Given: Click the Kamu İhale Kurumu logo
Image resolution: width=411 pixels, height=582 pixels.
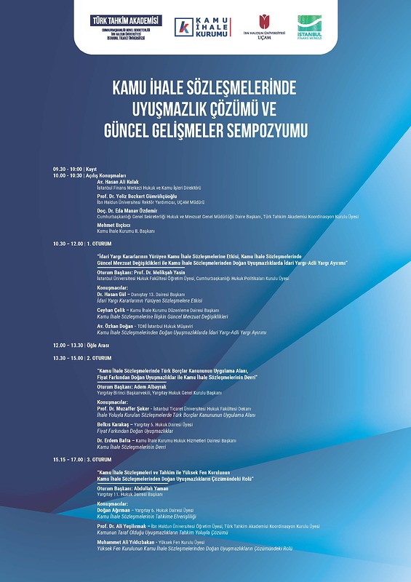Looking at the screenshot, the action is tap(201, 27).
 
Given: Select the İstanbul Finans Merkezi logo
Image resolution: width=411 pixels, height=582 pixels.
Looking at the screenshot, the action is tap(311, 28).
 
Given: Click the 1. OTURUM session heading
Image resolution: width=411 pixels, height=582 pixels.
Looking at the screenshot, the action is tap(99, 244).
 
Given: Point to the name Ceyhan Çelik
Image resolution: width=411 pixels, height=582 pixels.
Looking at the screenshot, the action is tap(113, 310).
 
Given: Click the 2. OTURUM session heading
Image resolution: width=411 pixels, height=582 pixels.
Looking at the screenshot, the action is tap(99, 358).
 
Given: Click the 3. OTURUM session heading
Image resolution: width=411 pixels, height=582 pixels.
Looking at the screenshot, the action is tap(99, 460).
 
